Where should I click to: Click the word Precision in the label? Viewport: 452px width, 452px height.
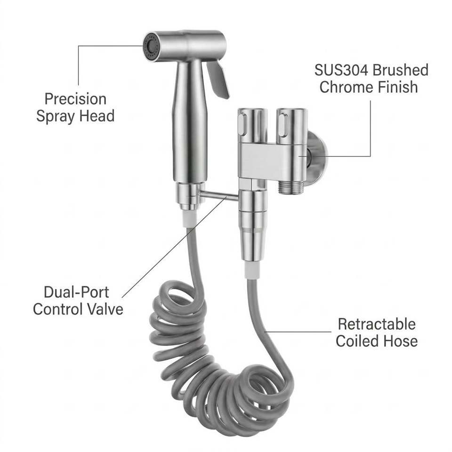[x=75, y=99]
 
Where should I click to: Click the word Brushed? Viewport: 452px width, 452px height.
[x=400, y=70]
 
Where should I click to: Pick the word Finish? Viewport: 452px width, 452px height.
[x=398, y=87]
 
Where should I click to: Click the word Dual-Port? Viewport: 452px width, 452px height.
[x=76, y=292]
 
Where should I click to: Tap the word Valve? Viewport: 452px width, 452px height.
[x=105, y=309]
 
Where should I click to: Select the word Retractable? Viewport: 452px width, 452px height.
[x=377, y=324]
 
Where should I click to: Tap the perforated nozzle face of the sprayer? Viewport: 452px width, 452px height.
[x=151, y=47]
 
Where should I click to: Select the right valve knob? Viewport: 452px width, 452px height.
[x=291, y=126]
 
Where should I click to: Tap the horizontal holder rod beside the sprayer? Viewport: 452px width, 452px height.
[x=219, y=196]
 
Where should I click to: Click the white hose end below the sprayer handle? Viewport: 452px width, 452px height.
[x=190, y=219]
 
